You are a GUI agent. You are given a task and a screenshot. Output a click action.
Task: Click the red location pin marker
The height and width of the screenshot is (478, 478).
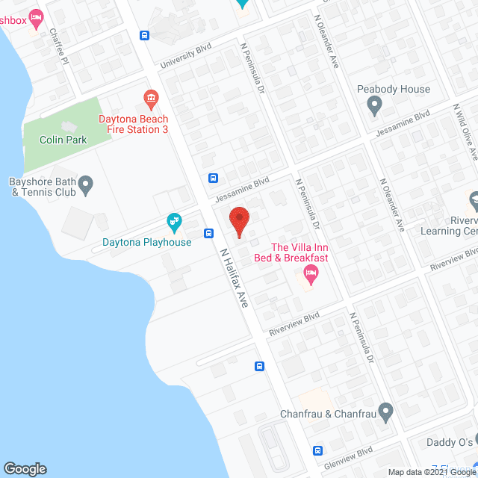pos(238,222)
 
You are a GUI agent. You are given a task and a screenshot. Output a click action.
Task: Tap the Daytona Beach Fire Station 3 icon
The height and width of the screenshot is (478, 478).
pos(151,98)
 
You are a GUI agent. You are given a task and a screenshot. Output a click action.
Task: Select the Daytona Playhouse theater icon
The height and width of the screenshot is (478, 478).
pos(174,222)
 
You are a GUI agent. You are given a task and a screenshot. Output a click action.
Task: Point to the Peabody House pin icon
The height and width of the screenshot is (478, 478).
pos(375,107)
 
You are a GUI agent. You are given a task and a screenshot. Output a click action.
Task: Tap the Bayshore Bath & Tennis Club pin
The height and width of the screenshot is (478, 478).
pos(85,184)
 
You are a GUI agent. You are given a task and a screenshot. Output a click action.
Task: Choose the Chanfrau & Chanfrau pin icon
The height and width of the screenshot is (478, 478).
pos(385,412)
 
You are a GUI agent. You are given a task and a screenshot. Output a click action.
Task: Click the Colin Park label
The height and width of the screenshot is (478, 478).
pos(63,140)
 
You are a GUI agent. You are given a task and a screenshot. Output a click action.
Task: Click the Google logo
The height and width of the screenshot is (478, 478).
pos(25,468)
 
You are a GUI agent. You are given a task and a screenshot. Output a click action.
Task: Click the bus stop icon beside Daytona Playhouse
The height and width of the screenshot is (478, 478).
pos(208,232)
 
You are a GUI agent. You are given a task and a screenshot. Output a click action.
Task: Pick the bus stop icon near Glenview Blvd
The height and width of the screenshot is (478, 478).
pos(317,450)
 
